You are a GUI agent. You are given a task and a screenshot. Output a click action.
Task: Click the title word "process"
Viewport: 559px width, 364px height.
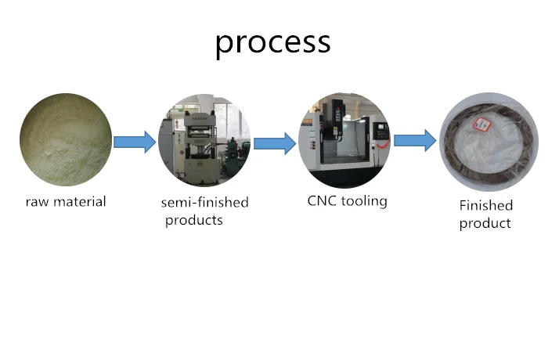[273, 44]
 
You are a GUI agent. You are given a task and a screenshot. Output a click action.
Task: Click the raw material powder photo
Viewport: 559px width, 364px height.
[66, 140]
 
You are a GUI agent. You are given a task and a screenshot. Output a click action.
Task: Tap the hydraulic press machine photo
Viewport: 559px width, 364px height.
[204, 140]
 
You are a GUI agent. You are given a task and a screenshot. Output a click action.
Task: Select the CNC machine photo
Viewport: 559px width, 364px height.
[344, 140]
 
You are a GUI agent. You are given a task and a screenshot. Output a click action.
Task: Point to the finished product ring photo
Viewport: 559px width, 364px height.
[489, 142]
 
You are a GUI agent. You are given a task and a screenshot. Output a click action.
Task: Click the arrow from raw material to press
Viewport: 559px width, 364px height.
[135, 142]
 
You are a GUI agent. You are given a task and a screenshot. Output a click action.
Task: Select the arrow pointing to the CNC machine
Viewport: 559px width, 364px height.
[275, 143]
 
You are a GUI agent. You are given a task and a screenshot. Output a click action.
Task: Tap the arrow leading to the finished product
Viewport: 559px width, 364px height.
[415, 140]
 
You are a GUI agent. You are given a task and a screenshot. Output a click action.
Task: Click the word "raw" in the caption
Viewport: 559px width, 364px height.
[37, 203]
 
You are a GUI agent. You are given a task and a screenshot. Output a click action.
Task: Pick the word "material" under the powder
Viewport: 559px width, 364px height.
[80, 201]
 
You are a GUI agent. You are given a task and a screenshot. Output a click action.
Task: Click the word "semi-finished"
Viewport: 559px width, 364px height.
[204, 202]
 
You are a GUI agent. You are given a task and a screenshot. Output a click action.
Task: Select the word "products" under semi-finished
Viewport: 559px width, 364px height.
[194, 220]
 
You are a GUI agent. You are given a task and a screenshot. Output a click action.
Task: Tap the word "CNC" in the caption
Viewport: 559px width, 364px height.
[322, 200]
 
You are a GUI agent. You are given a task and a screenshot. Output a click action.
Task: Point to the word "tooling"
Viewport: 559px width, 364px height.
[364, 201]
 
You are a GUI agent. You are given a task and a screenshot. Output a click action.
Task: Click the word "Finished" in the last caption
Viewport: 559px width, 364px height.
[486, 205]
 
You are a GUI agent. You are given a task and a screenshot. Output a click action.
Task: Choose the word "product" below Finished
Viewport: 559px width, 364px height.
[485, 224]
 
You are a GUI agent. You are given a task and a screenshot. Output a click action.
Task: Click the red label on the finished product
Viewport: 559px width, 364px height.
[482, 124]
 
